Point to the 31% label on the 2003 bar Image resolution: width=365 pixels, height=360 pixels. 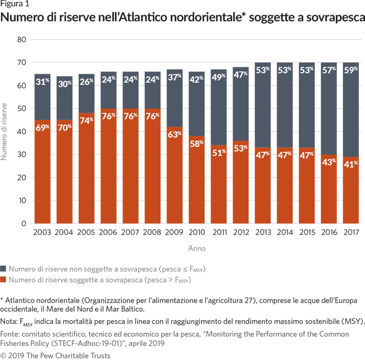(x=42, y=83)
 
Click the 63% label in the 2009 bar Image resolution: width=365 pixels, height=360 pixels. (x=175, y=135)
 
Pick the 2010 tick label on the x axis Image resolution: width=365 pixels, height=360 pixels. (x=197, y=231)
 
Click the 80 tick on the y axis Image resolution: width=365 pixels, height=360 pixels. (x=22, y=39)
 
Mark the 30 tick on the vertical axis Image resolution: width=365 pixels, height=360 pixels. (x=22, y=154)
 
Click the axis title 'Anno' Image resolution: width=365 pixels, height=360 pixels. (x=196, y=247)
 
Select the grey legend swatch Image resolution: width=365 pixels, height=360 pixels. (x=4, y=268)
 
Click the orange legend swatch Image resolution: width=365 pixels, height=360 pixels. (x=4, y=279)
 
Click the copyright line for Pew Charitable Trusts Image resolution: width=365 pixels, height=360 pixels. (x=55, y=355)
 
